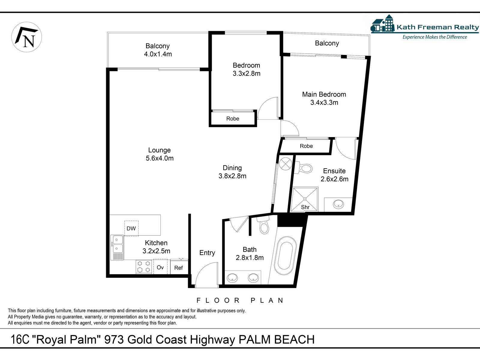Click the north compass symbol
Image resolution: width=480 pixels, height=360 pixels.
click(26, 37)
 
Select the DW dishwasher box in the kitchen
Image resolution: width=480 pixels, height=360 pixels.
click(131, 228)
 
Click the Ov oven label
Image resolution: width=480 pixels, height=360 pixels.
click(160, 267)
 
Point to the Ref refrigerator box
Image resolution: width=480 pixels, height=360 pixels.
click(179, 267)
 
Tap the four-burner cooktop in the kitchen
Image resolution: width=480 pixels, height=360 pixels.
click(144, 267)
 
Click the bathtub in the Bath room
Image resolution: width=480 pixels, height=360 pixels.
click(285, 256)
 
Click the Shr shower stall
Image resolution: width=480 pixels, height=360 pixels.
click(304, 199)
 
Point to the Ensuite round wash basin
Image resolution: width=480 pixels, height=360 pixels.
click(338, 205)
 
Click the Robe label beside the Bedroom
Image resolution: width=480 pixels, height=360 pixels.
click(233, 119)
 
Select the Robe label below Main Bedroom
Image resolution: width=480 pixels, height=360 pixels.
click(306, 146)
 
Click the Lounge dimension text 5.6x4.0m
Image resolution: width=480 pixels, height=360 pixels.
click(160, 158)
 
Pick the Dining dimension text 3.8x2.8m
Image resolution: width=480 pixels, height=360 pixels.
click(232, 176)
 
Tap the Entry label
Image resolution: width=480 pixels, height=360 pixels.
click(207, 253)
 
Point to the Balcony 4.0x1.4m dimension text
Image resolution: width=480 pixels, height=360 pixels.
click(158, 54)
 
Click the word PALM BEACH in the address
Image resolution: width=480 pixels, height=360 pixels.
click(277, 340)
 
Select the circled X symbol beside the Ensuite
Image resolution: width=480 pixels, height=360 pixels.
click(286, 164)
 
